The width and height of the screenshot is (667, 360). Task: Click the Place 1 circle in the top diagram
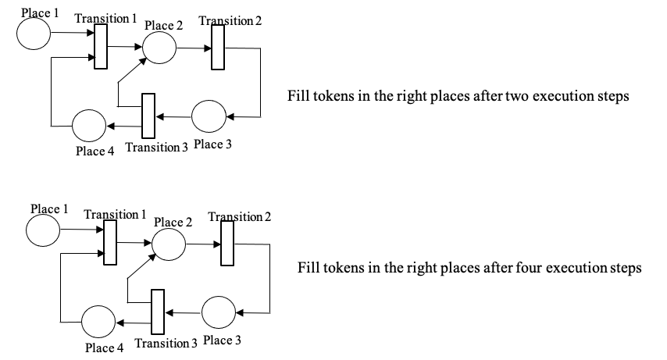pyautogui.click(x=33, y=33)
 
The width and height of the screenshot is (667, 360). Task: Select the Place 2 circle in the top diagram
pyautogui.click(x=159, y=48)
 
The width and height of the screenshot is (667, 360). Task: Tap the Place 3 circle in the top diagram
pyautogui.click(x=208, y=116)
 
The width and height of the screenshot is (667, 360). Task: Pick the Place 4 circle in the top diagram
pyautogui.click(x=89, y=125)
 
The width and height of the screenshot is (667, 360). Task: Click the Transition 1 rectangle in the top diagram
pyautogui.click(x=101, y=46)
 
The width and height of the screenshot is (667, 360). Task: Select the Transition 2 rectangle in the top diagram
pyautogui.click(x=218, y=47)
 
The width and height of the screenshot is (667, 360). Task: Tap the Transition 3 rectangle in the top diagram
pyautogui.click(x=148, y=116)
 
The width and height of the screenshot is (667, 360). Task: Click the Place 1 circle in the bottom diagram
pyautogui.click(x=42, y=230)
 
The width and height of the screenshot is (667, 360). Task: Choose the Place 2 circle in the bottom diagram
pyautogui.click(x=169, y=244)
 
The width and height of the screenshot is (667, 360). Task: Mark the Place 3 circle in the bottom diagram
pyautogui.click(x=218, y=312)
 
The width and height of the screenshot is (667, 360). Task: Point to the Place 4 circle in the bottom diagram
pyautogui.click(x=98, y=322)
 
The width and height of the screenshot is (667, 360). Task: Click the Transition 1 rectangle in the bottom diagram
pyautogui.click(x=110, y=242)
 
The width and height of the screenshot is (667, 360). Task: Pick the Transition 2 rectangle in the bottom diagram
pyautogui.click(x=227, y=243)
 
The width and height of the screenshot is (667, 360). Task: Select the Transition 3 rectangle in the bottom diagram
pyautogui.click(x=158, y=312)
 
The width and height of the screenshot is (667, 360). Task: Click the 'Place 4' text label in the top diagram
pyautogui.click(x=95, y=151)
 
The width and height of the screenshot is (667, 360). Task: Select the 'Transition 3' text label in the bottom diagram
pyautogui.click(x=166, y=344)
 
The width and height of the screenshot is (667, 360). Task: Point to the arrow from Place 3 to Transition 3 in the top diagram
pyautogui.click(x=173, y=116)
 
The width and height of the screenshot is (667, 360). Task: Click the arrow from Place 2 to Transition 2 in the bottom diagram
pyautogui.click(x=203, y=244)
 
